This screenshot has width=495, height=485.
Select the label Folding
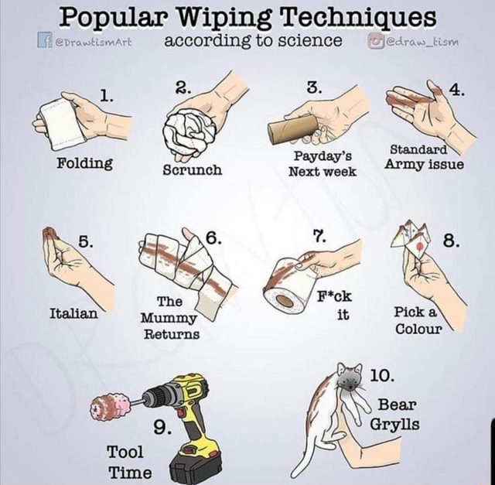point(84,163)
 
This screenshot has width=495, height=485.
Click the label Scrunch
point(193,168)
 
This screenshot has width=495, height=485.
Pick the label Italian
point(73,313)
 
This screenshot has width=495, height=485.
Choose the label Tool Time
point(129,462)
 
